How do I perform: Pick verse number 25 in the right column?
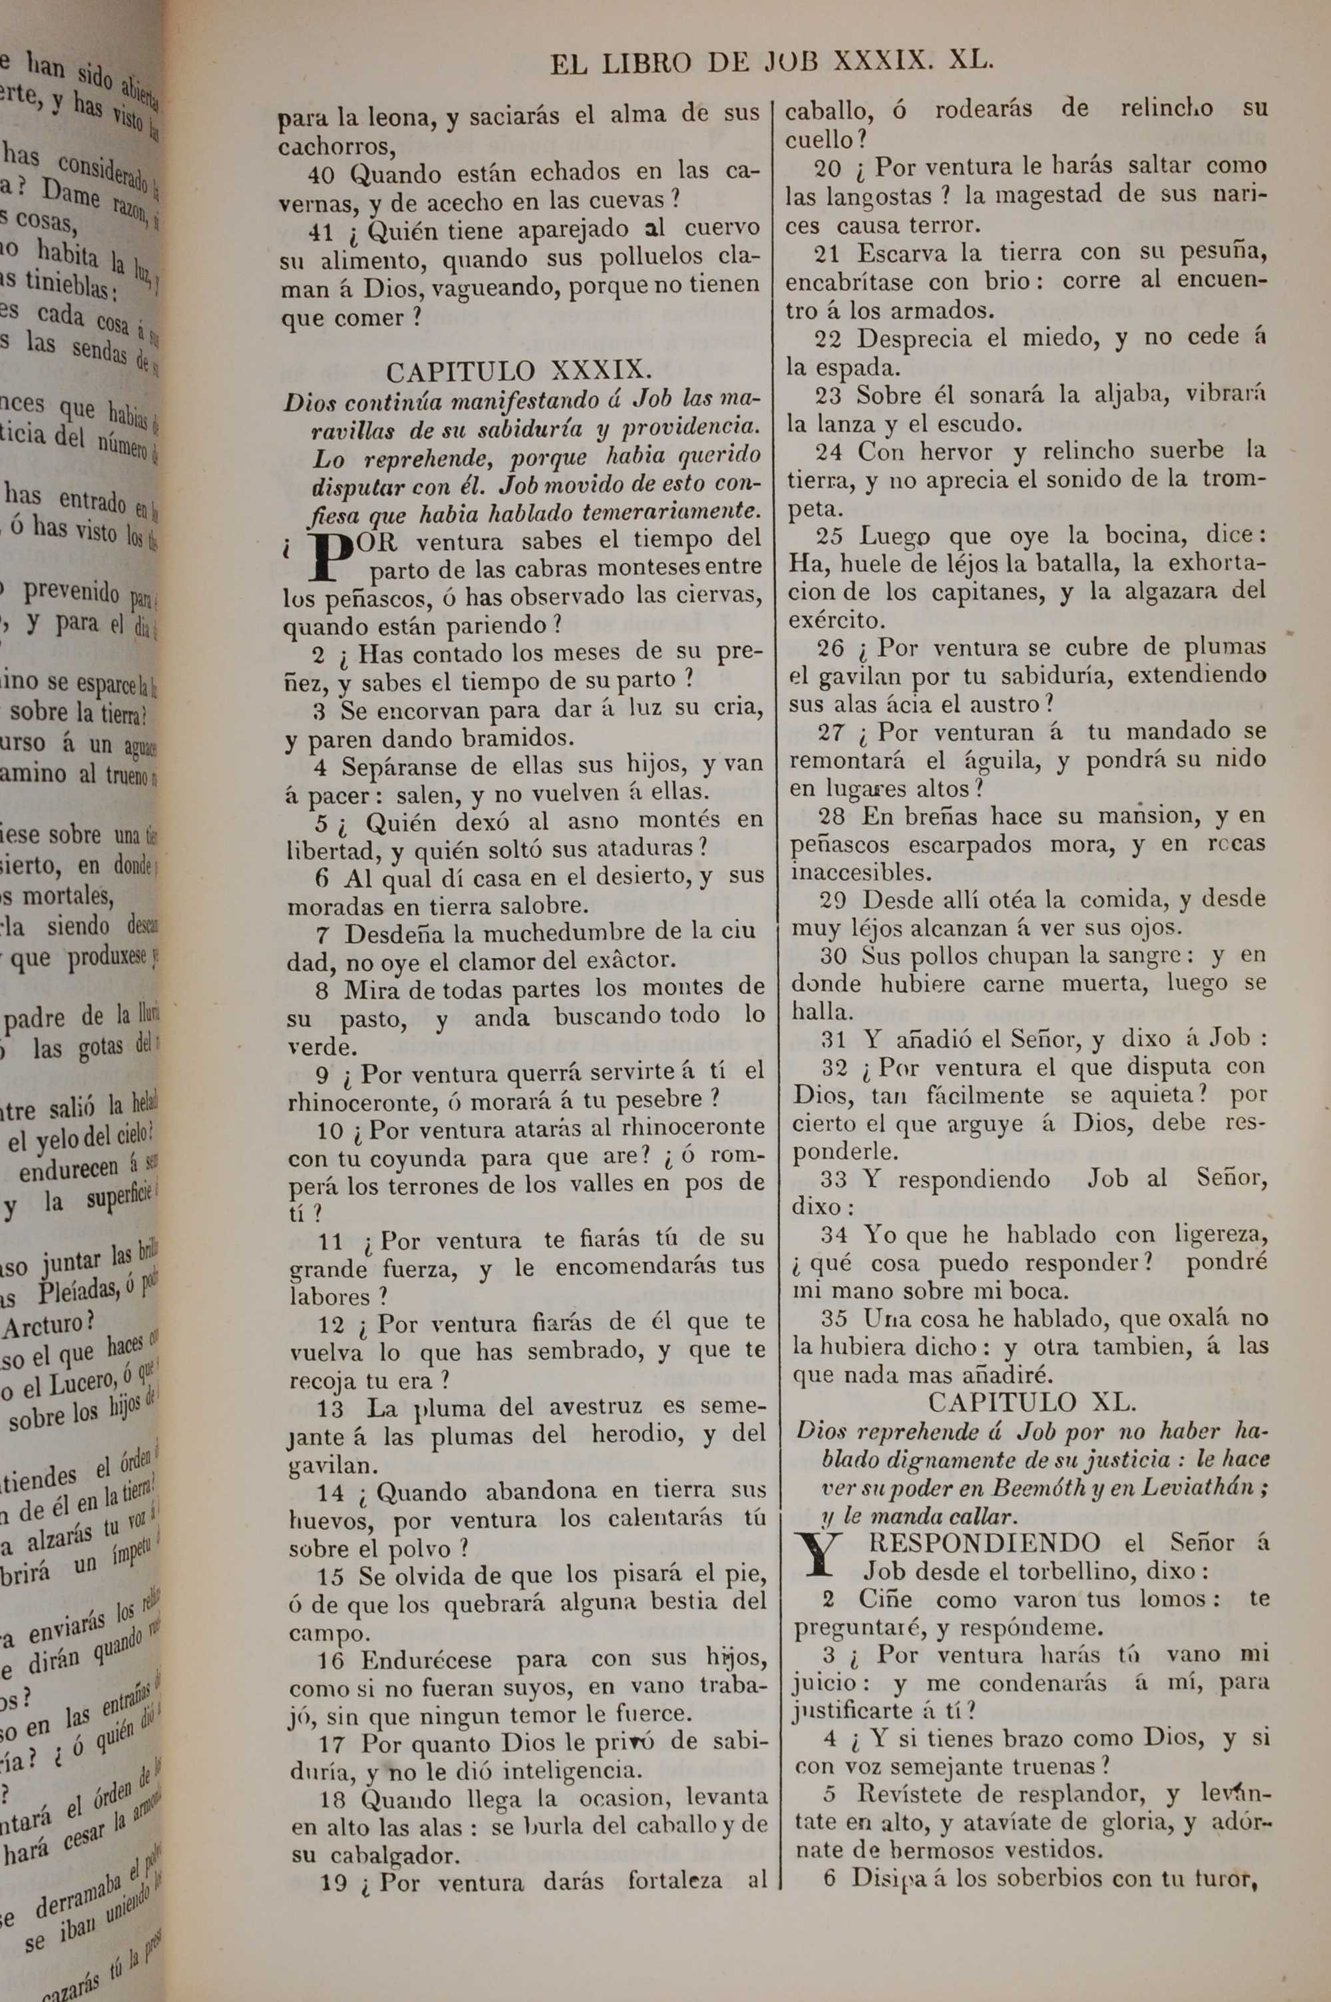tap(829, 536)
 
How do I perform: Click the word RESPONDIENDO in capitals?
tap(985, 1542)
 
